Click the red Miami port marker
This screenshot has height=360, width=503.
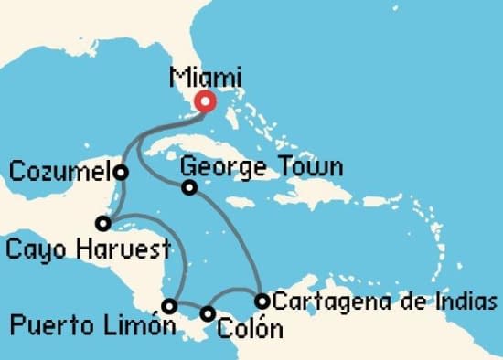pyautogui.click(x=206, y=102)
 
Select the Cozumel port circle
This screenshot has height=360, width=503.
pyautogui.click(x=121, y=172)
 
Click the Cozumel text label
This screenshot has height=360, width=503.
pyautogui.click(x=59, y=171)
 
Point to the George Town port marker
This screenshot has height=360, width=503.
pyautogui.click(x=189, y=188)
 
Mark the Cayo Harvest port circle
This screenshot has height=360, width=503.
pyautogui.click(x=103, y=223)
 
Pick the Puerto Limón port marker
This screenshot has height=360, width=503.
pyautogui.click(x=169, y=305)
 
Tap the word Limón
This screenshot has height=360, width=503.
pyautogui.click(x=145, y=325)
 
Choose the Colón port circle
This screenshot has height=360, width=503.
pyautogui.click(x=209, y=314)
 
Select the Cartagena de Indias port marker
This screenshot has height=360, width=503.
pyautogui.click(x=262, y=301)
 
